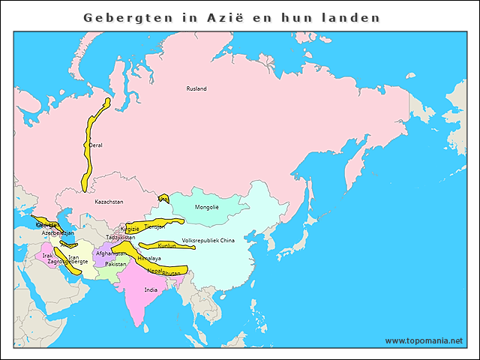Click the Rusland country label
click(196, 88)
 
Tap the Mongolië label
click(206, 207)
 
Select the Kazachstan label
click(109, 202)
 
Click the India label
click(151, 289)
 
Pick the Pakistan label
click(116, 264)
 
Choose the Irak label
click(48, 256)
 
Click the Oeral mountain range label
click(95, 145)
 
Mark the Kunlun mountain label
click(167, 245)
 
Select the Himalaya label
click(149, 258)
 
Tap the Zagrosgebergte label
click(67, 261)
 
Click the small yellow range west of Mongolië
click(163, 199)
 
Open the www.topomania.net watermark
click(424, 340)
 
